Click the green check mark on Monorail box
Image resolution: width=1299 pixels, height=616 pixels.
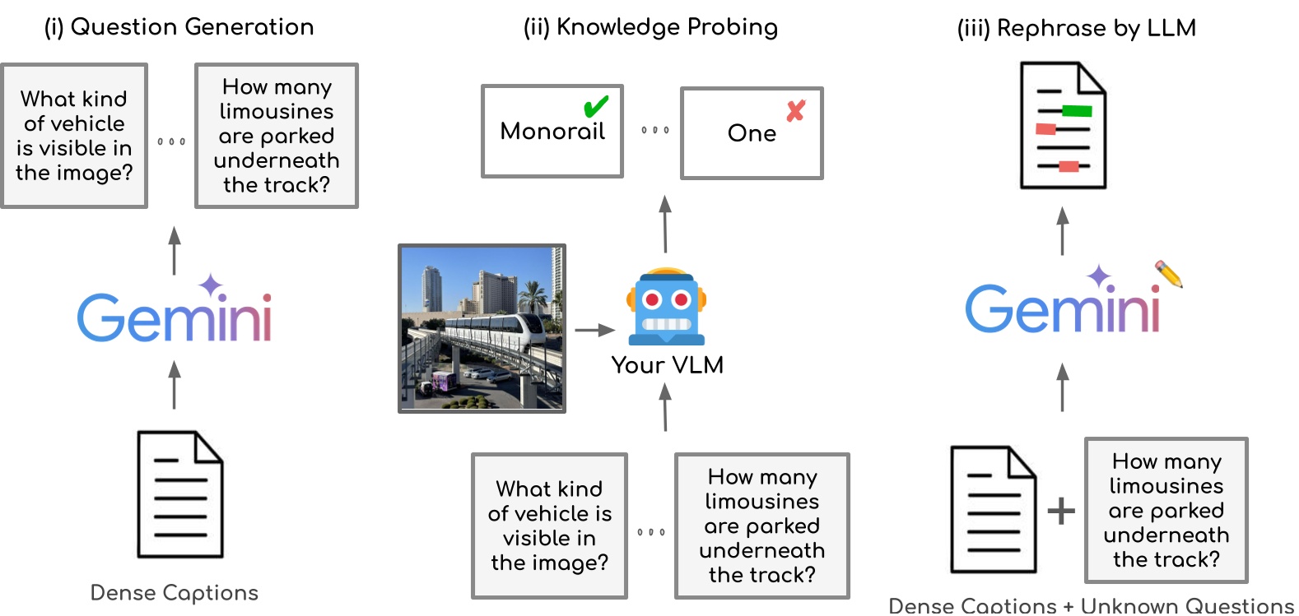(595, 107)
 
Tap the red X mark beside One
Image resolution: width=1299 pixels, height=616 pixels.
(795, 111)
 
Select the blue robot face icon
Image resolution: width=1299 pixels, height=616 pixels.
(667, 307)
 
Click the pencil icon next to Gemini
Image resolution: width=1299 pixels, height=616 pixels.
(1169, 275)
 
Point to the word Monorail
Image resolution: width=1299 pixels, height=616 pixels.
(552, 132)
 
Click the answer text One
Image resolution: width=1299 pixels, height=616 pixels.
(752, 133)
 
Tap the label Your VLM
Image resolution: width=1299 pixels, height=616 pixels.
(667, 365)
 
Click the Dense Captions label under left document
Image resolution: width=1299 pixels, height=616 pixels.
(174, 593)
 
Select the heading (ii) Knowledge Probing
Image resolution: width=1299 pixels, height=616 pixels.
(650, 27)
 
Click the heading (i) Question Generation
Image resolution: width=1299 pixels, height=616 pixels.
(179, 27)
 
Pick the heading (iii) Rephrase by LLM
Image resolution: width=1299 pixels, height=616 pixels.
(1076, 28)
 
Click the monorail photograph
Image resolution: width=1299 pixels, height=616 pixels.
(482, 328)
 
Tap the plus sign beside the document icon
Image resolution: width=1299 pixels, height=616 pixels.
(1061, 511)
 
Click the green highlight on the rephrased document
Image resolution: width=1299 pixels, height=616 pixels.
(1077, 111)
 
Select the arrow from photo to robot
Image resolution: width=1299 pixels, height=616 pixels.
(594, 330)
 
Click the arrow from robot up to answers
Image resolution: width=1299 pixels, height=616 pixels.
(665, 224)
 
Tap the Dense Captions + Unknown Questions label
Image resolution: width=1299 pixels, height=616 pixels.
(1091, 606)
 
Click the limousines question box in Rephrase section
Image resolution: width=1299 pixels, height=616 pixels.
(1166, 510)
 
